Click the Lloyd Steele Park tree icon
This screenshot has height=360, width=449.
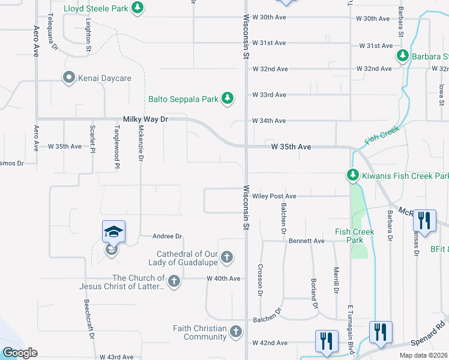tap(139, 8)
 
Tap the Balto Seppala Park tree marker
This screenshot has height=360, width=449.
tap(228, 98)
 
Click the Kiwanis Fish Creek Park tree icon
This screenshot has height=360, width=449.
tap(352, 175)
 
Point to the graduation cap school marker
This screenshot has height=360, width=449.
tap(113, 232)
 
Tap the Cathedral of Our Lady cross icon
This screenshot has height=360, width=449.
tap(226, 258)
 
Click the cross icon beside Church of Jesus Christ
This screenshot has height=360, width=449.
tap(174, 281)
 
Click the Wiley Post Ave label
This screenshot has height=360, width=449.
tap(274, 196)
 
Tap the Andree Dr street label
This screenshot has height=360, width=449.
tap(167, 237)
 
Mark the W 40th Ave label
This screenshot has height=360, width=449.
tap(223, 278)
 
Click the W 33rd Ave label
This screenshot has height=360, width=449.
tap(269, 95)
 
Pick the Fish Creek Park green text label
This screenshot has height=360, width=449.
tap(354, 236)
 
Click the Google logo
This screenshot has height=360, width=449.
tap(20, 353)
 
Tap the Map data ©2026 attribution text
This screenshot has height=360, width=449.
tap(424, 356)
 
